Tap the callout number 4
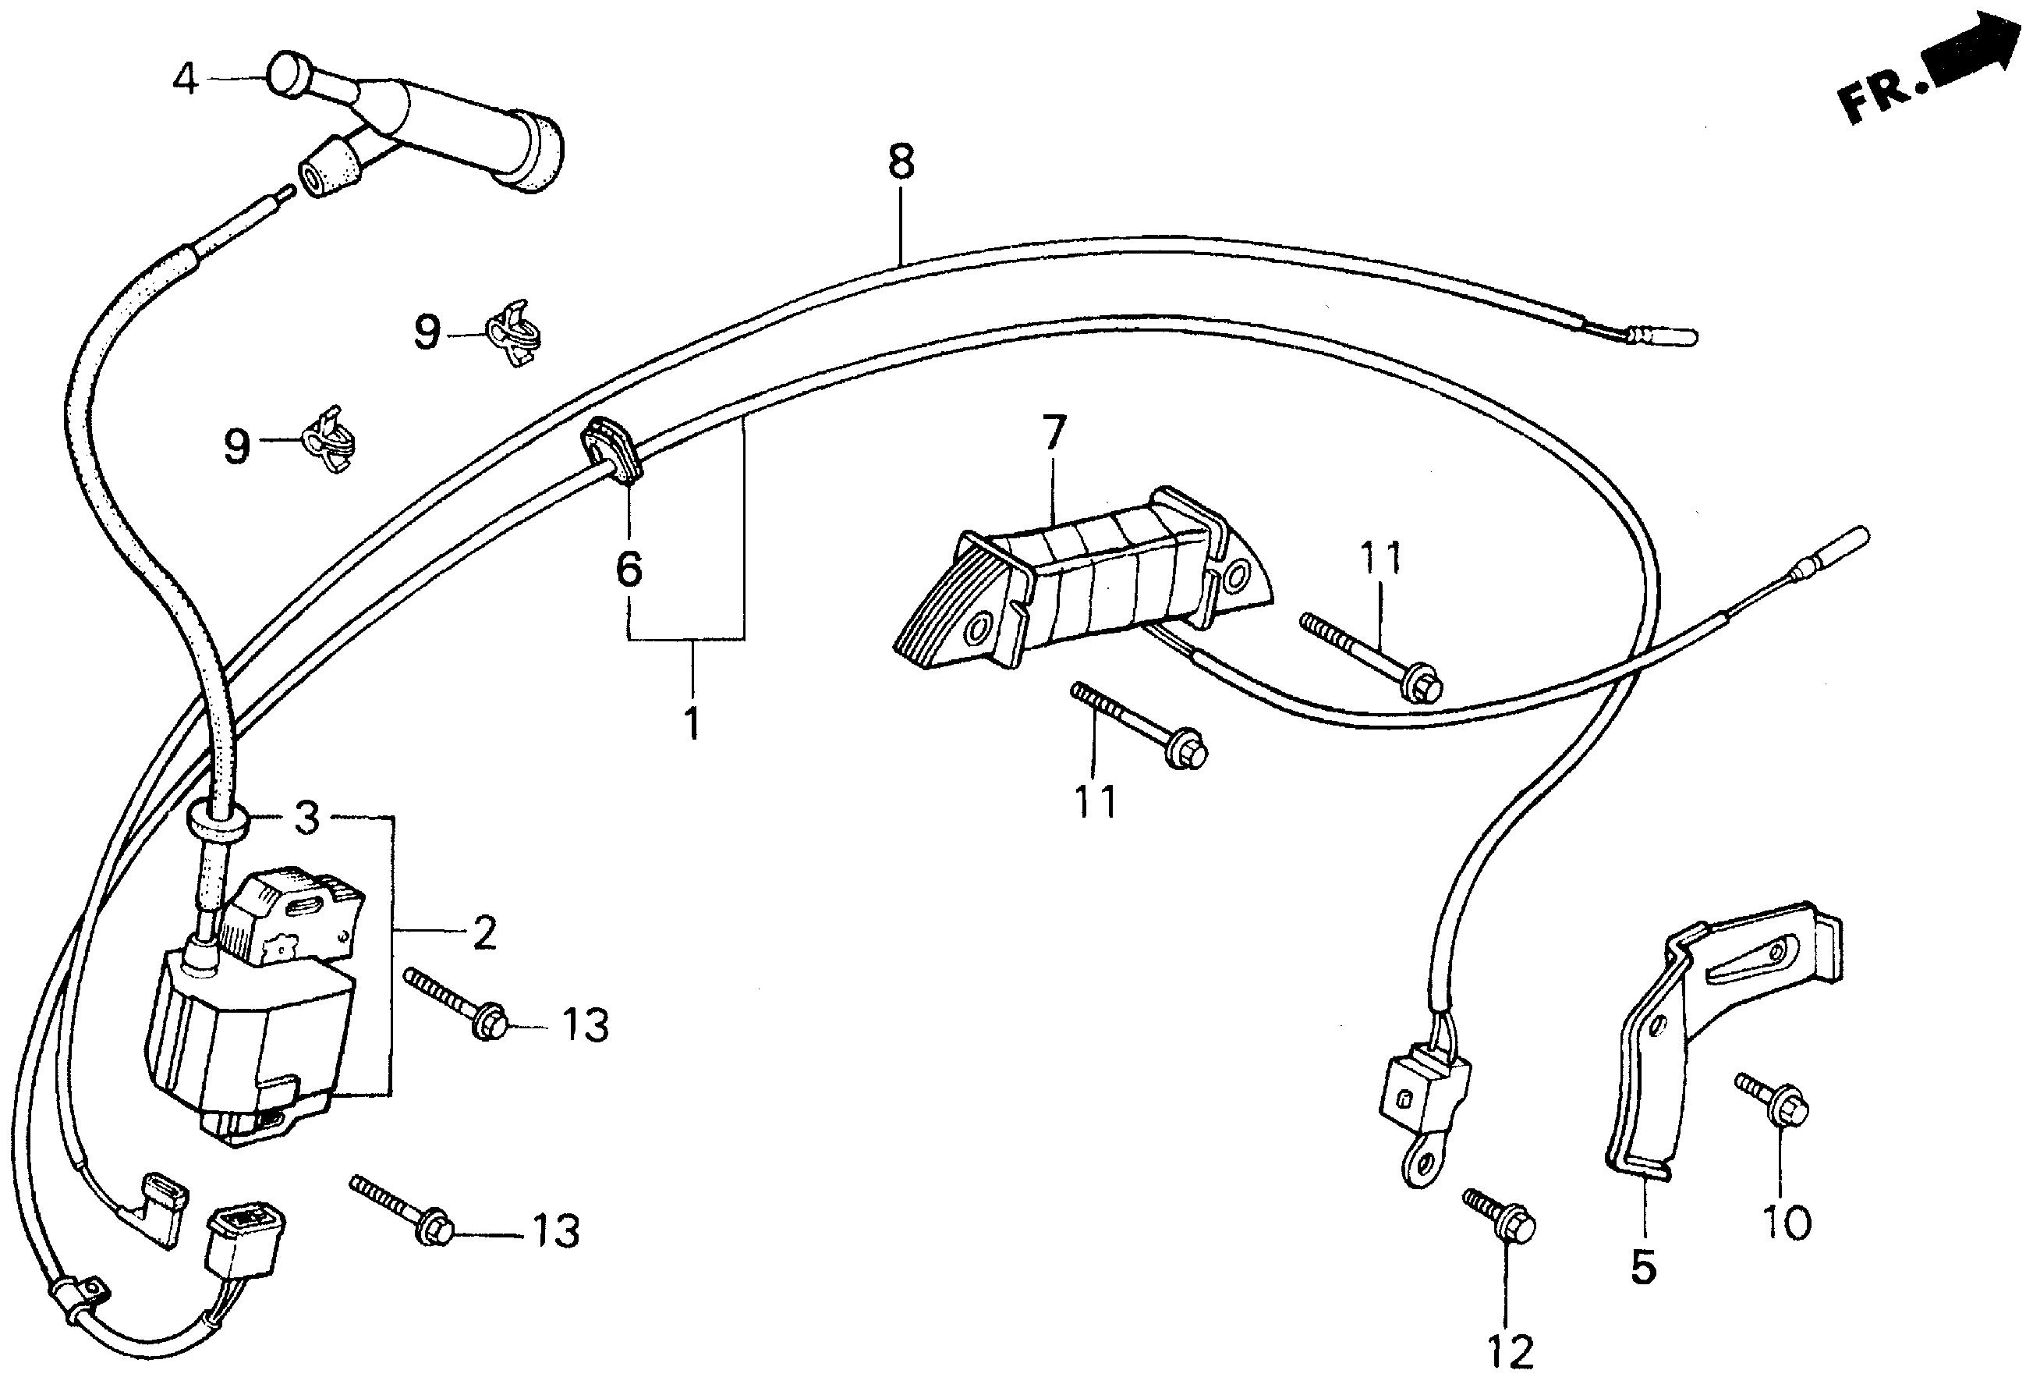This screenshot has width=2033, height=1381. (x=186, y=80)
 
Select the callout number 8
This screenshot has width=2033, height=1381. (x=900, y=163)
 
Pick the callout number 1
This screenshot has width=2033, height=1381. (x=692, y=723)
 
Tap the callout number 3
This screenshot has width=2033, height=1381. (x=305, y=819)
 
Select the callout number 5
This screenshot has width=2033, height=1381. (x=1644, y=1266)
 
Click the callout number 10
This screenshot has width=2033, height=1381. (x=1784, y=1223)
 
